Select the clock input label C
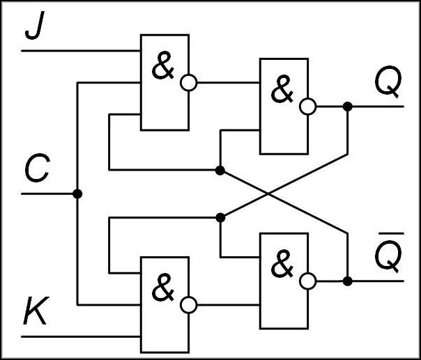pyautogui.click(x=36, y=170)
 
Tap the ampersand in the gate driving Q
pyautogui.click(x=282, y=91)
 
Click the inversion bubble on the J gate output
pyautogui.click(x=188, y=83)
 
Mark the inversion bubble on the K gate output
pyautogui.click(x=188, y=304)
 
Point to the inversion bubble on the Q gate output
pyautogui.click(x=307, y=106)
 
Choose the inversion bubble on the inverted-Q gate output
pyautogui.click(x=307, y=281)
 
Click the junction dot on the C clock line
pyautogui.click(x=77, y=194)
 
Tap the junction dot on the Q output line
pyautogui.click(x=347, y=106)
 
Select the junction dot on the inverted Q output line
pyautogui.click(x=347, y=281)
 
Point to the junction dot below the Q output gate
pyautogui.click(x=220, y=170)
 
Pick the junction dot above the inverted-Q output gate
pyautogui.click(x=220, y=218)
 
